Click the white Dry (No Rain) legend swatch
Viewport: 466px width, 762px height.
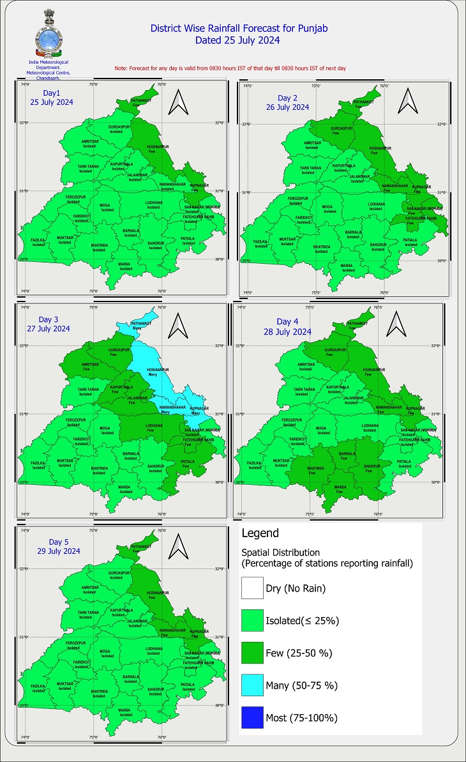pyautogui.click(x=253, y=588)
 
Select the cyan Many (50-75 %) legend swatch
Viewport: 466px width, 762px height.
pyautogui.click(x=253, y=685)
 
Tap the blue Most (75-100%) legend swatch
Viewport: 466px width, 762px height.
pyautogui.click(x=253, y=718)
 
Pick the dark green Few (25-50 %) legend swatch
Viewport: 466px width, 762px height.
pyautogui.click(x=253, y=653)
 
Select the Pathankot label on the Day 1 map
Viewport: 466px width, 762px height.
pyautogui.click(x=140, y=100)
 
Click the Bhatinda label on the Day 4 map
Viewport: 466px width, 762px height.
pyautogui.click(x=317, y=468)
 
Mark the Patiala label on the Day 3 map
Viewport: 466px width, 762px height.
pyautogui.click(x=188, y=462)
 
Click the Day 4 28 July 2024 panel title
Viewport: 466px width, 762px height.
pyautogui.click(x=294, y=326)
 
